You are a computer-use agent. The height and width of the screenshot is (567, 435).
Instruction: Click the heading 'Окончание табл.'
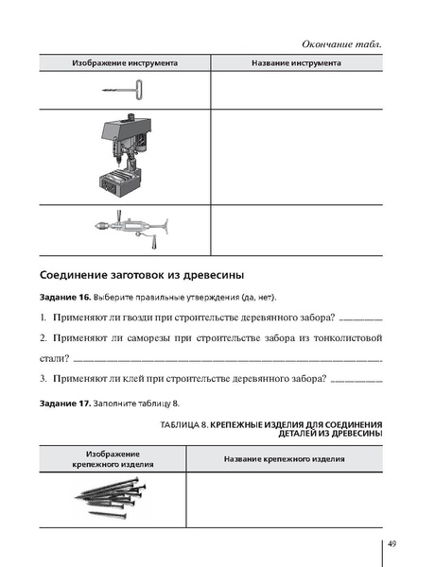342,45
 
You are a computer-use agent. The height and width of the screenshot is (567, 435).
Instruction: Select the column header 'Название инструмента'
296,63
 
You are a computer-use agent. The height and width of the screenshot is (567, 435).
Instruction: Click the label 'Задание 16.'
65,298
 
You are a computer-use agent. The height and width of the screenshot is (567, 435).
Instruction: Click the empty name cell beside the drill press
296,154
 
